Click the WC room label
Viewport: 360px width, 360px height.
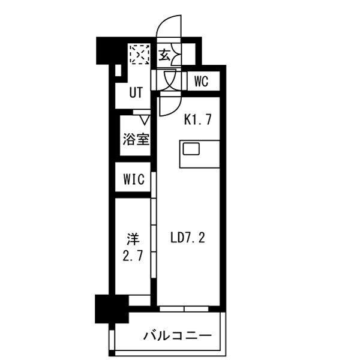[201, 82]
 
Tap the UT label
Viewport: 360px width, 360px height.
[136, 93]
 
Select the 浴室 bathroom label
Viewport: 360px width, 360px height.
[136, 139]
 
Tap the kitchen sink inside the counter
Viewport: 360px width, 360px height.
[191, 149]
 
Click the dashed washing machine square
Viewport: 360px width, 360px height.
[139, 55]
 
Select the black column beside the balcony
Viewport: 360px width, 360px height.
[106, 308]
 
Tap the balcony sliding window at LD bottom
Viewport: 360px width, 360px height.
[184, 308]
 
